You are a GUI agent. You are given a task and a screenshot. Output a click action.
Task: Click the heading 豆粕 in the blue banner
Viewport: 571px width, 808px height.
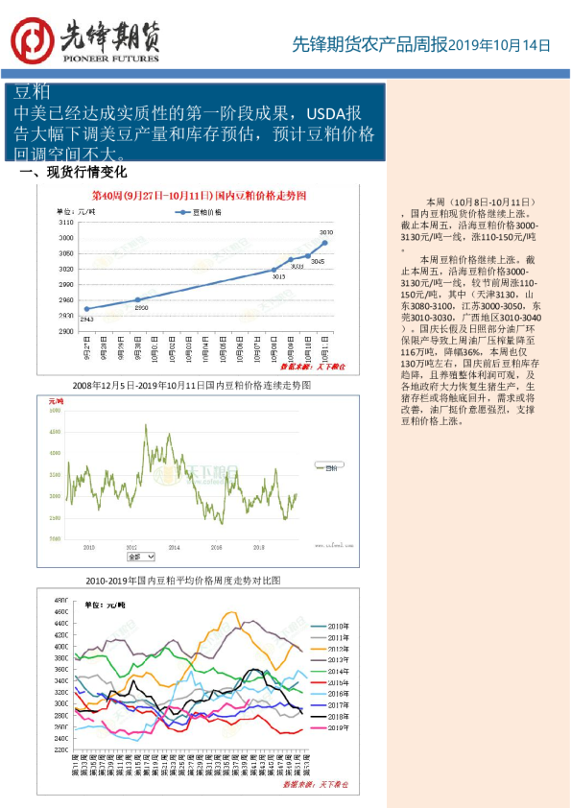tap(33, 92)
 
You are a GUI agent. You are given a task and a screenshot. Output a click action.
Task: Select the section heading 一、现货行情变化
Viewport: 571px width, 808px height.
tap(73, 173)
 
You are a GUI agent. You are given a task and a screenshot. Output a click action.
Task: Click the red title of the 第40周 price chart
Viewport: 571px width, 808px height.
tap(199, 195)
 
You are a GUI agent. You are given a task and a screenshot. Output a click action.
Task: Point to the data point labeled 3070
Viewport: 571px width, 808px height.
tap(325, 243)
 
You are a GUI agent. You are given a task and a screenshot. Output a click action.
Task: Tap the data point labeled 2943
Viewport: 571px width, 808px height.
tap(87, 309)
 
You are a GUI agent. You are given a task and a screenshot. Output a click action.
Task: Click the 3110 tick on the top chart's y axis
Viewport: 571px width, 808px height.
tap(66, 223)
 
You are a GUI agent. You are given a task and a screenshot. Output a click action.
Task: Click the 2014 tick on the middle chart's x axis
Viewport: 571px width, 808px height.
tap(174, 546)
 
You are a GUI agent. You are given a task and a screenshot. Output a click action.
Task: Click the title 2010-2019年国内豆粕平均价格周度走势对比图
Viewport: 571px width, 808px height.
tap(183, 582)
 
